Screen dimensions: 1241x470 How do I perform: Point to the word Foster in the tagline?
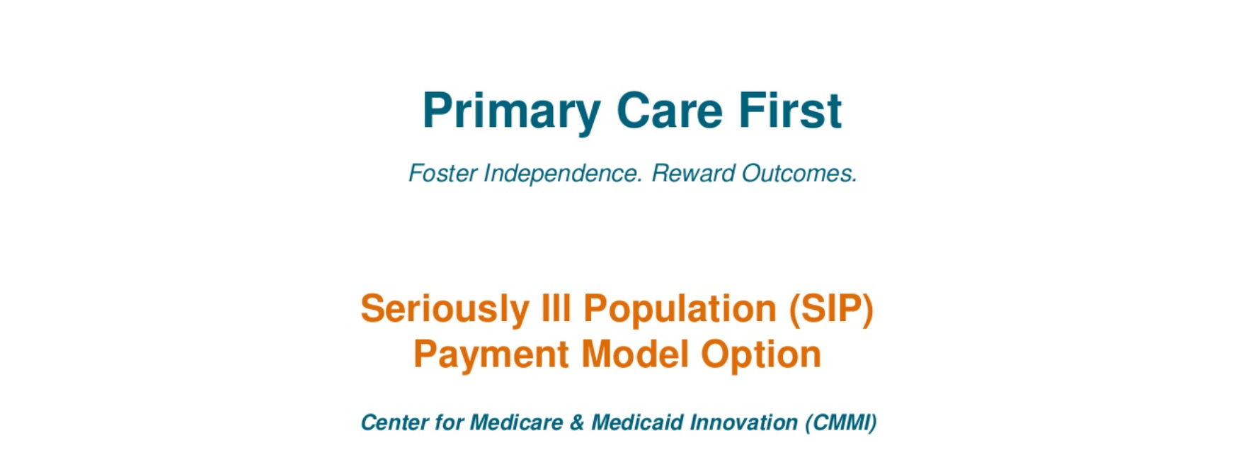[x=442, y=174]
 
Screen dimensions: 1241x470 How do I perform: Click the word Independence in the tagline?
[x=563, y=174]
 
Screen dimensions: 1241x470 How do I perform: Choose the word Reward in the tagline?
[x=693, y=174]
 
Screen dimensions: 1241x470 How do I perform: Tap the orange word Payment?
[x=491, y=355]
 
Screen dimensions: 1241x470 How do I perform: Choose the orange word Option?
[x=761, y=355]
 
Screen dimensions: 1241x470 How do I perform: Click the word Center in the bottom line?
[x=394, y=423]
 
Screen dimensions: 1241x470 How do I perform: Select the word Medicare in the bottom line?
[x=517, y=423]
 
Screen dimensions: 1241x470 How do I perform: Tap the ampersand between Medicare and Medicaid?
[x=577, y=423]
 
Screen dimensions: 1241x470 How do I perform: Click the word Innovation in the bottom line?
[x=744, y=423]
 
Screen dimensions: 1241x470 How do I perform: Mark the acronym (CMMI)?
[x=841, y=423]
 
